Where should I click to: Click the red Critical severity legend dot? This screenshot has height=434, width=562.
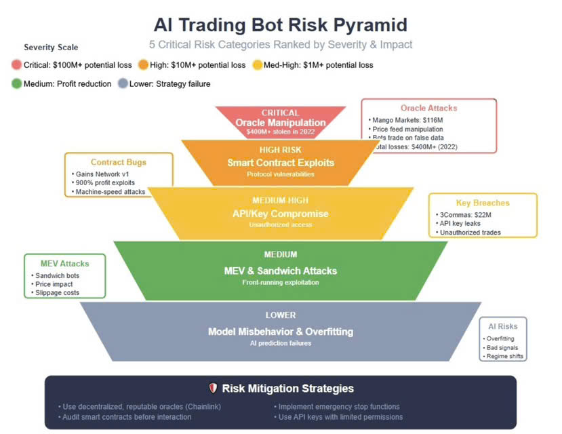[17, 65]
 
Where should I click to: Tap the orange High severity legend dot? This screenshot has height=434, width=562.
[143, 65]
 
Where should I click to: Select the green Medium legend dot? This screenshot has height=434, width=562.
[17, 84]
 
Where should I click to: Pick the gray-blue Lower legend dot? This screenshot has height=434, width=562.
[123, 84]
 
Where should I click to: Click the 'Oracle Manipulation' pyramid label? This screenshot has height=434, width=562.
[281, 123]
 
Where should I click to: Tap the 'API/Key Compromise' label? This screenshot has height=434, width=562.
[280, 214]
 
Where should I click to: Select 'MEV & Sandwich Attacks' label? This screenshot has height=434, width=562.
[281, 271]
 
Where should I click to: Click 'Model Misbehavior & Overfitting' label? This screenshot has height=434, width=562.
[281, 332]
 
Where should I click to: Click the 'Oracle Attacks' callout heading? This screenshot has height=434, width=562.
[428, 108]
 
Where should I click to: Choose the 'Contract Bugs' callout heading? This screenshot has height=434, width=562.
[119, 162]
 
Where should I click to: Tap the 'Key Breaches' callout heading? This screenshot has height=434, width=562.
[483, 203]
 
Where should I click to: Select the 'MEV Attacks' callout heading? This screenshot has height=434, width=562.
[65, 264]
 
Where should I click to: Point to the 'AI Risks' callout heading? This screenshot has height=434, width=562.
[502, 326]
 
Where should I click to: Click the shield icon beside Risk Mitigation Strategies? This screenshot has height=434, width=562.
[212, 389]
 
